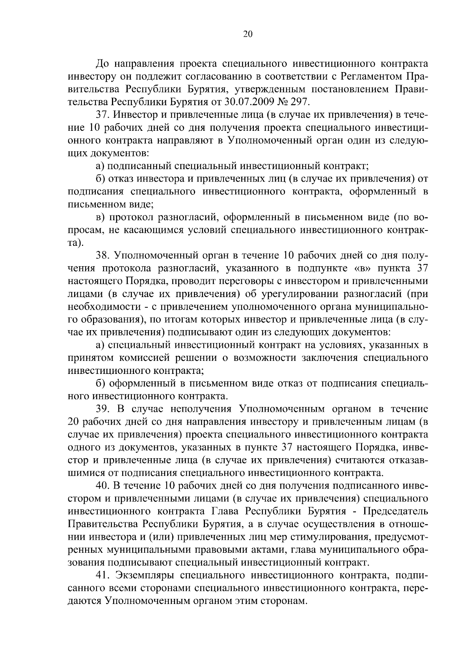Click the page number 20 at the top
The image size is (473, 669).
248,34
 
